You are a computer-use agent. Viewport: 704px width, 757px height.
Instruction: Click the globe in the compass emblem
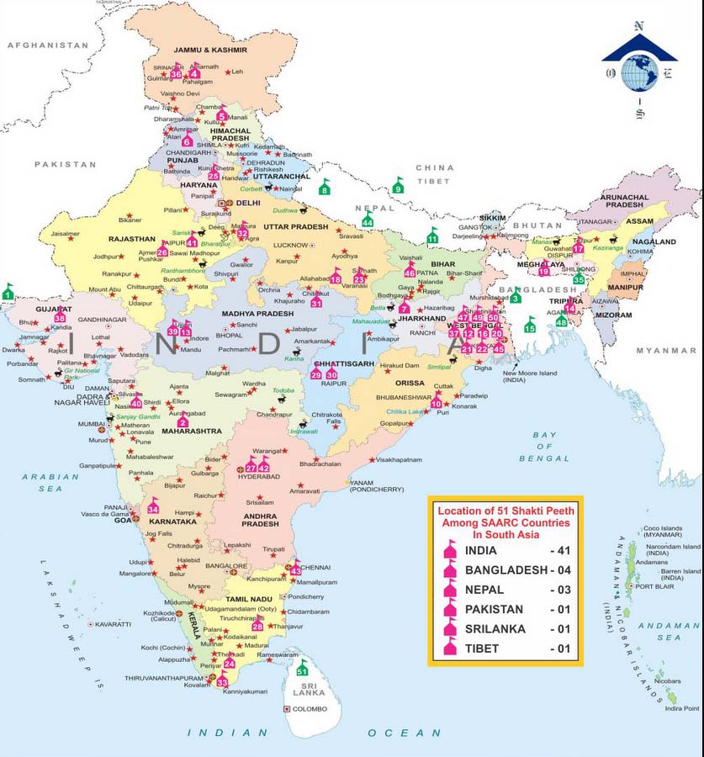(x=639, y=72)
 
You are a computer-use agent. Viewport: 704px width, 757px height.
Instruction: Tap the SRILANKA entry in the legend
(x=495, y=628)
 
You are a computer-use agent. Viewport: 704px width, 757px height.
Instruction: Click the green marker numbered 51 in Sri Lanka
(x=303, y=669)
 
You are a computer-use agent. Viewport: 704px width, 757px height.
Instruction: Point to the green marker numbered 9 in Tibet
(x=399, y=187)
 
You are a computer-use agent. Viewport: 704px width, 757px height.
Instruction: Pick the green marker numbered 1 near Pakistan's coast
(x=8, y=293)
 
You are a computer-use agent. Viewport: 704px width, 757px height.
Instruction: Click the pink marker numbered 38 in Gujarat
(x=60, y=316)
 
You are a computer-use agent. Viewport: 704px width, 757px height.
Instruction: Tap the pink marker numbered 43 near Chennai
(x=295, y=569)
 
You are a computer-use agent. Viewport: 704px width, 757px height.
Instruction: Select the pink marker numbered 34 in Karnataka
(x=153, y=507)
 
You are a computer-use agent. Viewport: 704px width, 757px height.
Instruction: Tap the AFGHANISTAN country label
(x=48, y=45)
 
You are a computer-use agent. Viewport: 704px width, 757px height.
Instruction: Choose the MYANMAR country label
(x=661, y=349)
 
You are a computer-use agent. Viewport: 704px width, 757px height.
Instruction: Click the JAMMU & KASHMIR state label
(x=210, y=50)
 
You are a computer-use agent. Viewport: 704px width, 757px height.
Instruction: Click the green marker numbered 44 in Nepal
(x=368, y=220)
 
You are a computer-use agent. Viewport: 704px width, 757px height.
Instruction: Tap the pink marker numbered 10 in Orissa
(x=436, y=402)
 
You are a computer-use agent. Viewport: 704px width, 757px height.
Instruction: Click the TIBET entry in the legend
(x=481, y=648)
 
